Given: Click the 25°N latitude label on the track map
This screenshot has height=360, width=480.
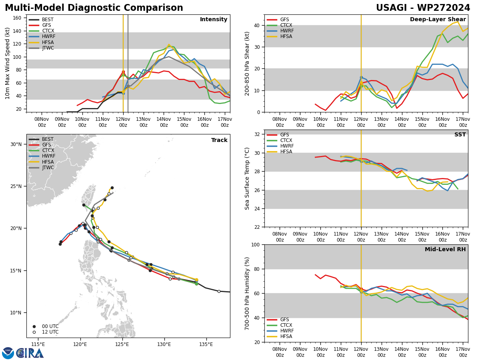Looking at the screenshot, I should tap(16, 186).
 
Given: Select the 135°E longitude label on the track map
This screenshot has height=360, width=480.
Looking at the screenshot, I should tap(206, 344).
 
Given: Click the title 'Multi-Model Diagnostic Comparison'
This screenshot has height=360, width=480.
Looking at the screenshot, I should tap(94, 8).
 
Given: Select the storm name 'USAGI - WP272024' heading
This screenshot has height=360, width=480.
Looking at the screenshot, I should tap(423, 8).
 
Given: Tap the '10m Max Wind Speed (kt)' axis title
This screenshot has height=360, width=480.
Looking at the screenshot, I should tap(8, 63).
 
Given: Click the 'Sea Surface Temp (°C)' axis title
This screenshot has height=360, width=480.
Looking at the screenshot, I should tap(248, 178).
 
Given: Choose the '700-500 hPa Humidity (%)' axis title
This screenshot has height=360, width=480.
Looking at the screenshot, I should tap(248, 293).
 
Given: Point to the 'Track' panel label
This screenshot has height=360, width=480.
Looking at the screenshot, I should tap(219, 140).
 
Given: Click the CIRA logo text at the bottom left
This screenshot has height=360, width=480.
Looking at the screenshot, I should tap(30, 353).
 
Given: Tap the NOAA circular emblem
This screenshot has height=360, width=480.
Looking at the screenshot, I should tap(8, 353).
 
